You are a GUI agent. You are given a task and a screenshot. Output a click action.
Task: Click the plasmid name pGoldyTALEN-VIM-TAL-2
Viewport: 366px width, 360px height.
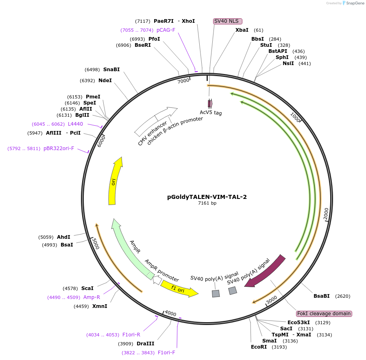tap(207, 197)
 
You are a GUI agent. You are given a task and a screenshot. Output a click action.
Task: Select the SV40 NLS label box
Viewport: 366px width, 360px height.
tap(228, 21)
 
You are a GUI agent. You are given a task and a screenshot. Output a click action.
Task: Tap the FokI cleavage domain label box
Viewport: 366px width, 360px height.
tap(324, 314)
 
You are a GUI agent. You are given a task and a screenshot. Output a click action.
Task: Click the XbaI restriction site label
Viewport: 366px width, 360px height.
tap(242, 30)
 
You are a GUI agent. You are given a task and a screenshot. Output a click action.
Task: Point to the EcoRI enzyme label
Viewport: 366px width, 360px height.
tap(259, 347)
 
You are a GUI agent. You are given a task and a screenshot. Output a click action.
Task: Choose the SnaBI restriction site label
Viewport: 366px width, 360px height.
tap(111, 70)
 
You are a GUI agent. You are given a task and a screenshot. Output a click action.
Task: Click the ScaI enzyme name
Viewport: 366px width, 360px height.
tap(87, 288)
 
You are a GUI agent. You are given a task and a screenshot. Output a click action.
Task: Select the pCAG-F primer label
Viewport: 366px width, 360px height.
tap(166, 30)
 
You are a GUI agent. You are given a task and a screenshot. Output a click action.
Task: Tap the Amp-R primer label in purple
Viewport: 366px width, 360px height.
tap(91, 297)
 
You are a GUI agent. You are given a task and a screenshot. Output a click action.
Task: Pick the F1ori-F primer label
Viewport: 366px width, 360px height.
tap(166, 352)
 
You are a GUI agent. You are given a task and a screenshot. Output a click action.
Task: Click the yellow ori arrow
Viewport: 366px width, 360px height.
tap(115, 181)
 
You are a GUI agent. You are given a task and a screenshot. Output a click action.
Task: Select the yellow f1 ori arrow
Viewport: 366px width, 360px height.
tap(179, 289)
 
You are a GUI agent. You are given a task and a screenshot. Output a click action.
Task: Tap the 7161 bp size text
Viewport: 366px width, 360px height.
tap(207, 203)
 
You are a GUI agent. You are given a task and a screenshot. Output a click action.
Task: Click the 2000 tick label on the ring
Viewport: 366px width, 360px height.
tap(326, 214)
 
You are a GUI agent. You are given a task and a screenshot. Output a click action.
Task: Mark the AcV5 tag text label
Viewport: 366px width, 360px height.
tap(211, 113)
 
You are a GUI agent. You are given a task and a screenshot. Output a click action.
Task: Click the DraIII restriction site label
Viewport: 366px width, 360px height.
tap(145, 344)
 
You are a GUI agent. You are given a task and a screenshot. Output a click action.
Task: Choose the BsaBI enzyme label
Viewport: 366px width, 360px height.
tap(321, 296)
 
